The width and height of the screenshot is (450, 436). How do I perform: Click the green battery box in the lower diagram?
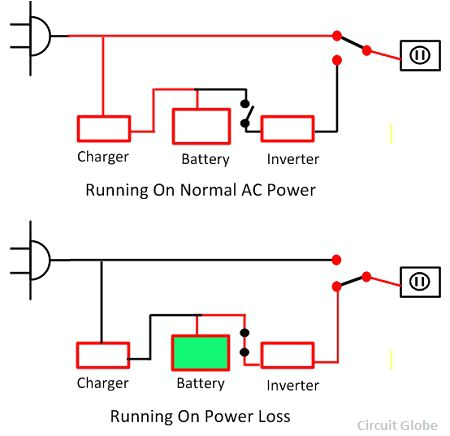pyautogui.click(x=201, y=352)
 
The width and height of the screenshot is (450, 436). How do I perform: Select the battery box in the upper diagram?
pyautogui.click(x=201, y=127)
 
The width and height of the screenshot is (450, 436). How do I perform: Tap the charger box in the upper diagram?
pyautogui.click(x=103, y=128)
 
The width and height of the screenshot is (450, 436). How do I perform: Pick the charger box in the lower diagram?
pyautogui.click(x=103, y=355)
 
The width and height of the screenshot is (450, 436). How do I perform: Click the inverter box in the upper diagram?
pyautogui.click(x=288, y=128)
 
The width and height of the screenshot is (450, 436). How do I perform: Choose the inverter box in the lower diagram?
pyautogui.click(x=288, y=355)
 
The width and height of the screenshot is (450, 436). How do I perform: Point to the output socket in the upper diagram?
pyautogui.click(x=419, y=55)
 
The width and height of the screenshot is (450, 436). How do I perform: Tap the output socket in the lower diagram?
pyautogui.click(x=419, y=282)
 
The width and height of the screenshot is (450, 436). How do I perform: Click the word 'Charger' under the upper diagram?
pyautogui.click(x=103, y=157)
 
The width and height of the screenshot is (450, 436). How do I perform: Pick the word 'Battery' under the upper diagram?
pyautogui.click(x=205, y=159)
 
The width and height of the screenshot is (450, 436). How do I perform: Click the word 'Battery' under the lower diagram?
pyautogui.click(x=201, y=384)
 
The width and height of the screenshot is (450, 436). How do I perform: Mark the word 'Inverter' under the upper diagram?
pyautogui.click(x=293, y=159)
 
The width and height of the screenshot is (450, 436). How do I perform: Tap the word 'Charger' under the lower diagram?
pyautogui.click(x=103, y=383)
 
